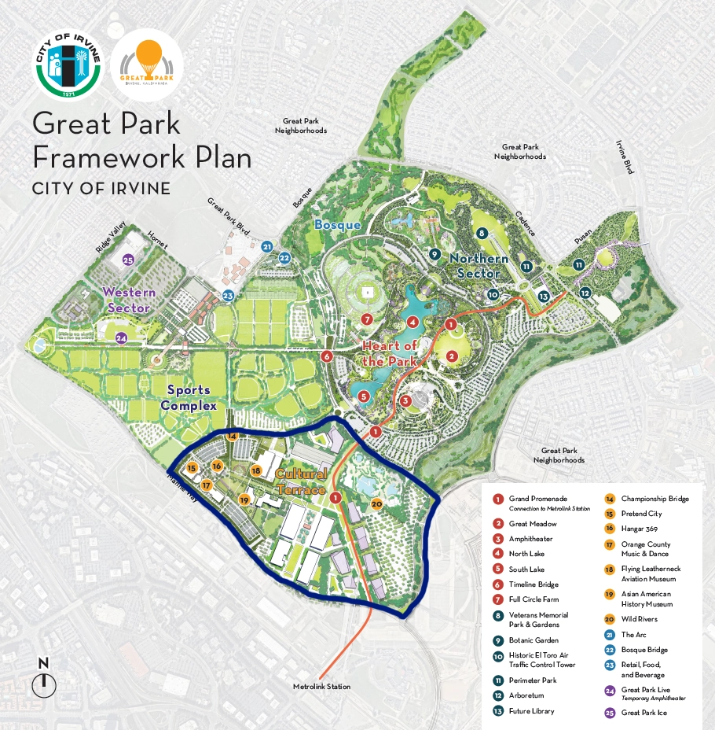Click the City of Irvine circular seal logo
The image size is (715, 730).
click(x=69, y=65)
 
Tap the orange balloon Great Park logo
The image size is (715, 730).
click(x=148, y=65)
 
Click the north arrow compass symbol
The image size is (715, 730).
click(x=44, y=680)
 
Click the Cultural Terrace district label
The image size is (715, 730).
click(x=301, y=482)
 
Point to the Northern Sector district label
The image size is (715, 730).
click(x=478, y=266)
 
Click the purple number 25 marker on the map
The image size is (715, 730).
click(x=129, y=260)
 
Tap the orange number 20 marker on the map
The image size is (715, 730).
click(x=376, y=503)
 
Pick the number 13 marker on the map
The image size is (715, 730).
click(x=543, y=297)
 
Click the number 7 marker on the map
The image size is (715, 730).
click(x=367, y=319)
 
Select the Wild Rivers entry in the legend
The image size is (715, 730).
click(x=639, y=619)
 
